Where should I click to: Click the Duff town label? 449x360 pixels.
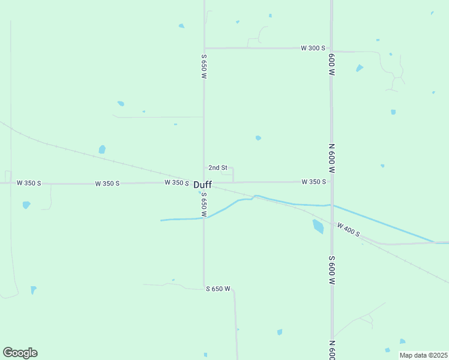tap(202, 185)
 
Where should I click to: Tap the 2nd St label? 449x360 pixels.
tap(217, 167)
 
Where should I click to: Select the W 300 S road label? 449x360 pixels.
tap(313, 48)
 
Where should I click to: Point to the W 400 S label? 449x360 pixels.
tap(348, 229)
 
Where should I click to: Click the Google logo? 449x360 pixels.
tap(20, 353)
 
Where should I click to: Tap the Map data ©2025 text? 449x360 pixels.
tap(423, 355)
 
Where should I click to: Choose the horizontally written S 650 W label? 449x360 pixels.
tap(218, 289)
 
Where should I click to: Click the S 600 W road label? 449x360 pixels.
tap(331, 270)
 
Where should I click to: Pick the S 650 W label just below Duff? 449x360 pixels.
tap(204, 205)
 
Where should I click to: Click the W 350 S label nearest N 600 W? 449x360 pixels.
tap(313, 181)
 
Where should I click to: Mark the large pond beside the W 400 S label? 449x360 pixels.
tap(318, 226)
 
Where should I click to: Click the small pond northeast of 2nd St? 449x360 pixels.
tap(258, 138)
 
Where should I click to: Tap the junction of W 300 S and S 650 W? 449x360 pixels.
tap(204, 48)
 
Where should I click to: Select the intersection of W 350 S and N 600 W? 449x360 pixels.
tap(331, 181)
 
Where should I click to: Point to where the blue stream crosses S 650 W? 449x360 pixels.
tap(204, 218)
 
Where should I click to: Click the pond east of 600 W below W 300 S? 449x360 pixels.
tap(360, 68)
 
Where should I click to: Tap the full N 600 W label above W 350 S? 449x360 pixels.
tap(331, 158)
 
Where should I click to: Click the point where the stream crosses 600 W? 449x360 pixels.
tap(331, 205)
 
